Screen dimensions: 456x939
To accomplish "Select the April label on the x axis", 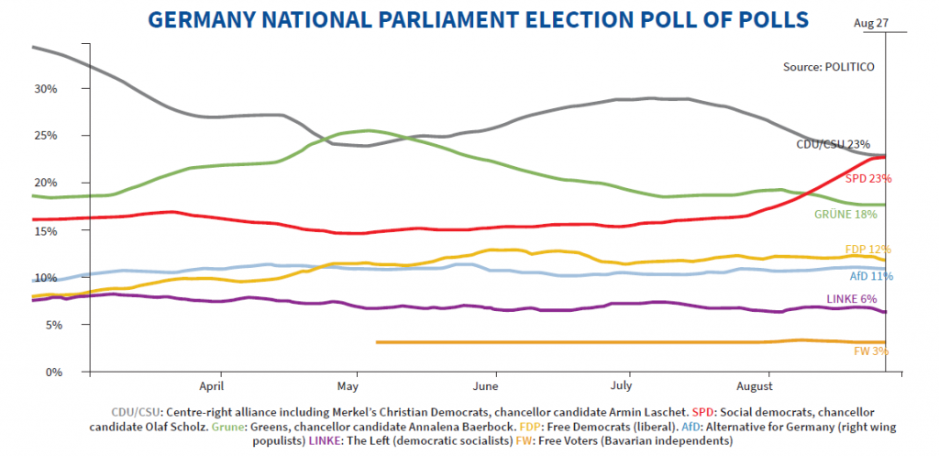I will click(219, 386).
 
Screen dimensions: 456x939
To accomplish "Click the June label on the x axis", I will click(496, 386).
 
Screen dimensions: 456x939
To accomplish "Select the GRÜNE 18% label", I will click(846, 214).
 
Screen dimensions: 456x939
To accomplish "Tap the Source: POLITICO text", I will click(828, 66).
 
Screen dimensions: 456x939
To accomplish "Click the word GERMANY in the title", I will click(199, 19).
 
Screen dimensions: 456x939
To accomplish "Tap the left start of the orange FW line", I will click(377, 342).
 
